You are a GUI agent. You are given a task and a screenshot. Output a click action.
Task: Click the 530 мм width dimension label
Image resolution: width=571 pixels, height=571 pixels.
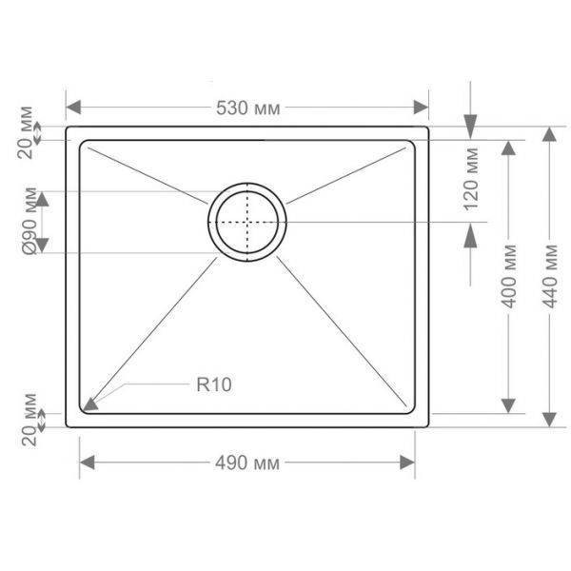[248, 108]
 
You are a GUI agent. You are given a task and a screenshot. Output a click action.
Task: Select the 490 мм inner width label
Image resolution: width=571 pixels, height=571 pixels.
[247, 463]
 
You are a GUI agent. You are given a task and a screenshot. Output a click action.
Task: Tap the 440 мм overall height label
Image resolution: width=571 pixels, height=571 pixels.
[551, 276]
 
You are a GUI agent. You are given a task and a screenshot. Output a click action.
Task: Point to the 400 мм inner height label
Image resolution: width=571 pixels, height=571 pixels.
[509, 276]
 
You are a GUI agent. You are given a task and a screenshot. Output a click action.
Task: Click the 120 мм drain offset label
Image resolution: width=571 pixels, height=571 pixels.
[471, 179]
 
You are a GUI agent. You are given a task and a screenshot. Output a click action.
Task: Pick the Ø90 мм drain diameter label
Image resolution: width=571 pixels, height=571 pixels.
[30, 221]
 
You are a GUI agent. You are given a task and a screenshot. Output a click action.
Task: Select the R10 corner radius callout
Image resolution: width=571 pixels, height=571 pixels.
[214, 384]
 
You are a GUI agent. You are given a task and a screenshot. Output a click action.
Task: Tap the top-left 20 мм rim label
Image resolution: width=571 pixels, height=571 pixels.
[26, 132]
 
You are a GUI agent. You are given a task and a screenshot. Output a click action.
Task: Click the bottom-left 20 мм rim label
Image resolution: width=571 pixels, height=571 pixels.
[30, 420]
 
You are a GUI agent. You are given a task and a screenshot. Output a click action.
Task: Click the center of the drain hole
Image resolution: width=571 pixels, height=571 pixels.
[247, 222]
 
